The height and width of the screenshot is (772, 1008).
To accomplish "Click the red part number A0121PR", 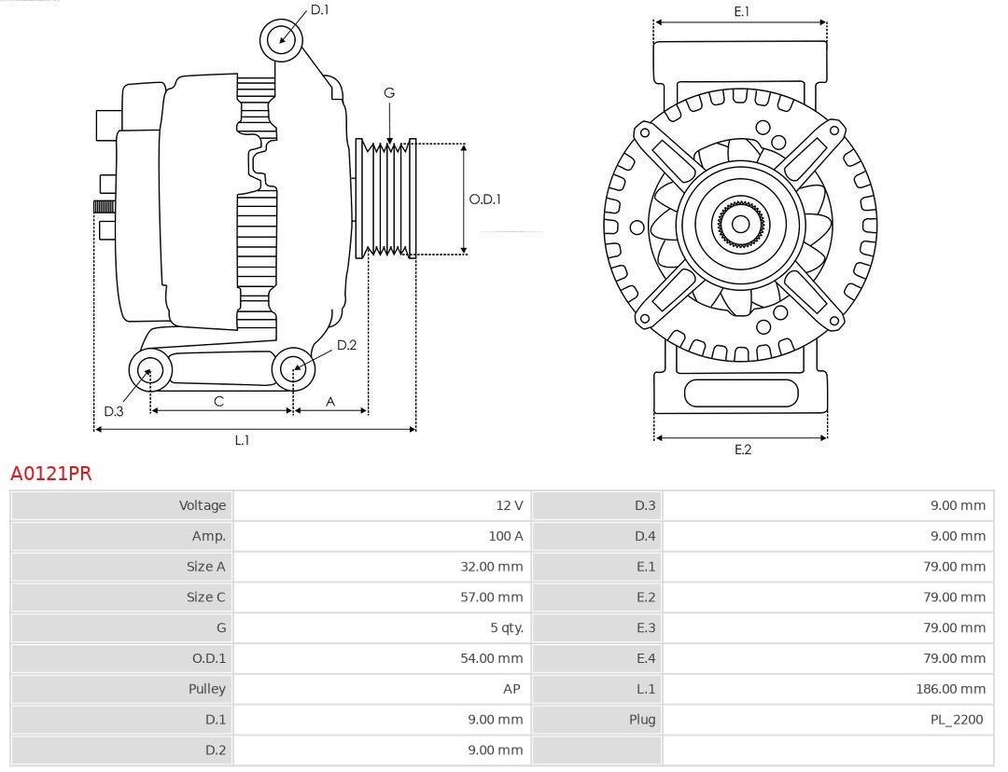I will (x=51, y=474).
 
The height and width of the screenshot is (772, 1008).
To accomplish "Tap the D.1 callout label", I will (x=319, y=9).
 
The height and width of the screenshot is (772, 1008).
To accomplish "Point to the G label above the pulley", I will (x=389, y=92).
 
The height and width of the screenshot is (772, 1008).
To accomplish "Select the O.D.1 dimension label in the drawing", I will (x=484, y=199).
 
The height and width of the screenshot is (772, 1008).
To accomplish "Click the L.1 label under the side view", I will (x=242, y=440).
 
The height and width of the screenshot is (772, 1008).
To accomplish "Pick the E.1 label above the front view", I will (x=742, y=11).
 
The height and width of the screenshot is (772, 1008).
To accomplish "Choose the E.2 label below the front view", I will (x=742, y=449).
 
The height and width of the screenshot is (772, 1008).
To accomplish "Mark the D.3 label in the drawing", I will (x=114, y=411).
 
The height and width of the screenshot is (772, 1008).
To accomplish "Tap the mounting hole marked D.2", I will (x=293, y=369).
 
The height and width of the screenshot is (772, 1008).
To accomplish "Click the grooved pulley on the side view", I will (x=386, y=199).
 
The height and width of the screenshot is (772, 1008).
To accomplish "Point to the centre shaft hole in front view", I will (x=740, y=224).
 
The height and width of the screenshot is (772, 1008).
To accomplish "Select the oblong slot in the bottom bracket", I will (x=741, y=393).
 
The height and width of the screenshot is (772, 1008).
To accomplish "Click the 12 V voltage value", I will (x=509, y=505).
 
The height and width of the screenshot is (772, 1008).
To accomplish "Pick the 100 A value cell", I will (x=505, y=536).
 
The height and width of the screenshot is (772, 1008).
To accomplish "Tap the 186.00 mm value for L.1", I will (x=950, y=689).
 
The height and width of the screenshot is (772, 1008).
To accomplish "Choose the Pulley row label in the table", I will (x=206, y=689).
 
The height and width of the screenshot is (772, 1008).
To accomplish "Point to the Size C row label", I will (x=205, y=597).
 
